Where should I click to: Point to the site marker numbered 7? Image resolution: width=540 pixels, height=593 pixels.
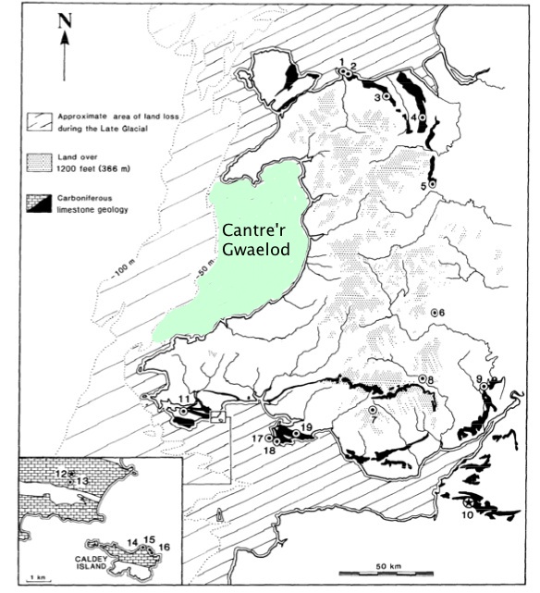(x=373, y=409)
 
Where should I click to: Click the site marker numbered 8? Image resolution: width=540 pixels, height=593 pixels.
(x=422, y=379)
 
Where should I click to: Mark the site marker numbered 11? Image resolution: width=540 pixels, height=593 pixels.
(x=184, y=411)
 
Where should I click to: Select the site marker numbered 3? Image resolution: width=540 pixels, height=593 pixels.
(x=387, y=97)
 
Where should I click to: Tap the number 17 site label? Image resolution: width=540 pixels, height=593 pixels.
(x=255, y=438)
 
